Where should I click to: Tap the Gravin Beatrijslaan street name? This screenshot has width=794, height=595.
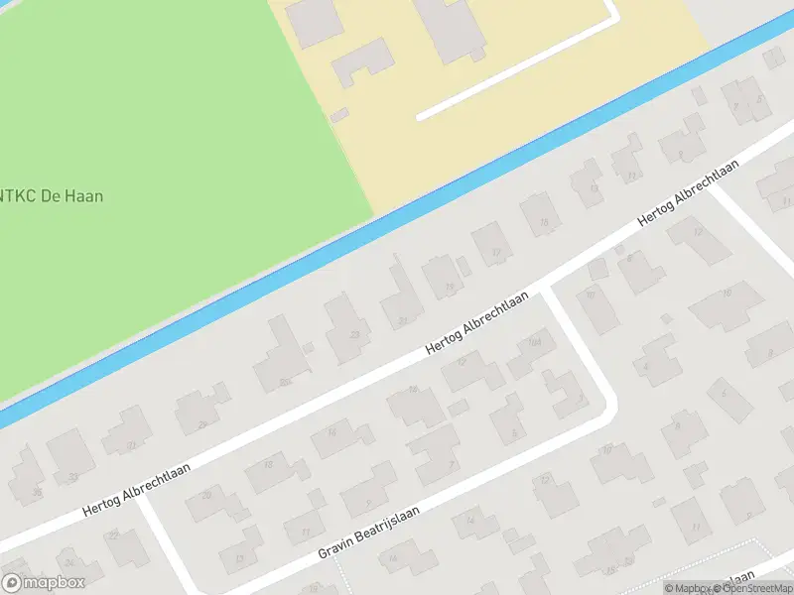370,532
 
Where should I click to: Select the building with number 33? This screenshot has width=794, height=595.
354,335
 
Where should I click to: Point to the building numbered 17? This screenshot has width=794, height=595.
494,253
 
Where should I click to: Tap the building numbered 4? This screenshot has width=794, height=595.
646,366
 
